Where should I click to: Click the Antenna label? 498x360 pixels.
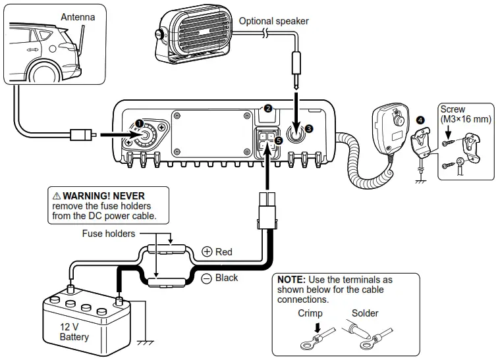(x=78, y=16)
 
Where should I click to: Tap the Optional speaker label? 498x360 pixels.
(x=273, y=21)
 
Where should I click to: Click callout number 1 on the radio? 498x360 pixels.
(x=139, y=123)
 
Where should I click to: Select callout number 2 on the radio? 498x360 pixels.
(x=267, y=108)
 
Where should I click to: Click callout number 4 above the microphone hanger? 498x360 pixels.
(x=420, y=120)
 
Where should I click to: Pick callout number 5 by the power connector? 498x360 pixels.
(x=278, y=140)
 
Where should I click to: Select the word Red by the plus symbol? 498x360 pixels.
(x=224, y=252)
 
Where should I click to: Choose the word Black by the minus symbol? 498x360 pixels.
(x=226, y=278)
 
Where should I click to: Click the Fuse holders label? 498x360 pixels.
(x=109, y=233)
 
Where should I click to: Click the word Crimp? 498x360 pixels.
(x=310, y=313)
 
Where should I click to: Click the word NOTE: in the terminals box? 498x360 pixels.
(x=290, y=280)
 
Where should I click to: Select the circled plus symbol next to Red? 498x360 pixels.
(x=207, y=252)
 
